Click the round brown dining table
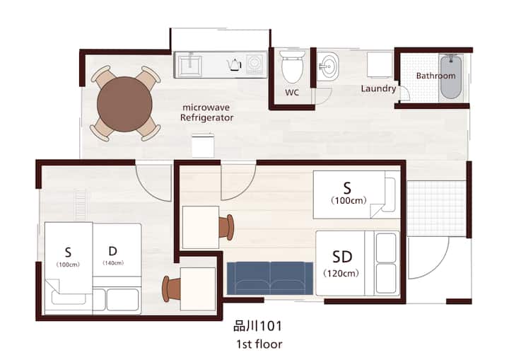pos(124,104)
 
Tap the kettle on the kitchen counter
pos(235,64)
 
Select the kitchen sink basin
pos(189,66)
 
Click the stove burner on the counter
pos(255,64)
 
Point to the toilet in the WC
pos(292,66)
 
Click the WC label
pos(292,93)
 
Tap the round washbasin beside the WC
pos(329,67)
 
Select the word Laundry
pos(378,88)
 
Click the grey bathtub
pos(450,77)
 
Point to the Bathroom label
pos(435,76)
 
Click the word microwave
pos(206,108)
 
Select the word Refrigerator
pos(206,117)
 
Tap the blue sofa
pos(270,279)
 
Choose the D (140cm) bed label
pos(113,255)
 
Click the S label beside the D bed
pos(68,256)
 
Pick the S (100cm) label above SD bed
pos(349,193)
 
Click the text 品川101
pos(258,326)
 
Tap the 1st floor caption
pos(259,344)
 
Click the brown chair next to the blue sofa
pos(226,227)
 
